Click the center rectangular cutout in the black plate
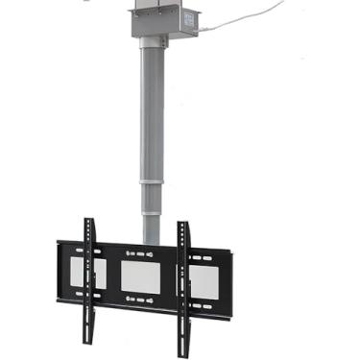tap(137, 276)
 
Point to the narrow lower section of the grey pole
tap(153, 211)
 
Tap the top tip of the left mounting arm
tap(88, 223)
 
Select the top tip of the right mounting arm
tap(181, 227)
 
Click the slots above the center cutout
tap(137, 252)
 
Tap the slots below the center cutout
tap(137, 301)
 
